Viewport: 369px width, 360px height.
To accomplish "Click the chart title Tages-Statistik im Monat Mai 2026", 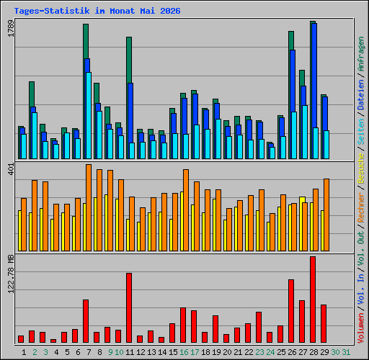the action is click(x=97, y=11).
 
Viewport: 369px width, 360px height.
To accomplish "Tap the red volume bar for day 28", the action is click(x=313, y=300).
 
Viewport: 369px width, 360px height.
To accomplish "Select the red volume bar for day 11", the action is click(x=129, y=307).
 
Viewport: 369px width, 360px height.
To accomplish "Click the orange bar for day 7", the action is click(x=89, y=208).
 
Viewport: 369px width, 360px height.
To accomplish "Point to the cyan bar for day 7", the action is click(x=89, y=115).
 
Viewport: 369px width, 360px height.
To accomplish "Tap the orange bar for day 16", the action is click(x=186, y=210).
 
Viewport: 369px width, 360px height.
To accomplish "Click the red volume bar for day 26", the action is click(x=291, y=311).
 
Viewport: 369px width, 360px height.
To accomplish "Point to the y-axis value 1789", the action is click(x=11, y=28).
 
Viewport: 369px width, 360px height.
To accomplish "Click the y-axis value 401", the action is click(x=11, y=168).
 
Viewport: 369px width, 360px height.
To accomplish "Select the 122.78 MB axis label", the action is click(x=11, y=274).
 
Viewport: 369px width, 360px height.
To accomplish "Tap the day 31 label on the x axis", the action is click(x=346, y=352).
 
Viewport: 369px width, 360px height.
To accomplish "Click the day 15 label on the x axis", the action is click(x=173, y=352).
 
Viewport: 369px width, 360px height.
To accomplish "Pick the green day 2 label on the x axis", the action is click(x=35, y=352).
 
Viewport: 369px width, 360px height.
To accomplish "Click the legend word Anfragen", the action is click(x=361, y=54).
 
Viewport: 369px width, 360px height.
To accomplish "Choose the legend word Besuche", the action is click(x=361, y=169).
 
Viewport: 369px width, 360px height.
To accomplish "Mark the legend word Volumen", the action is click(x=361, y=328).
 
